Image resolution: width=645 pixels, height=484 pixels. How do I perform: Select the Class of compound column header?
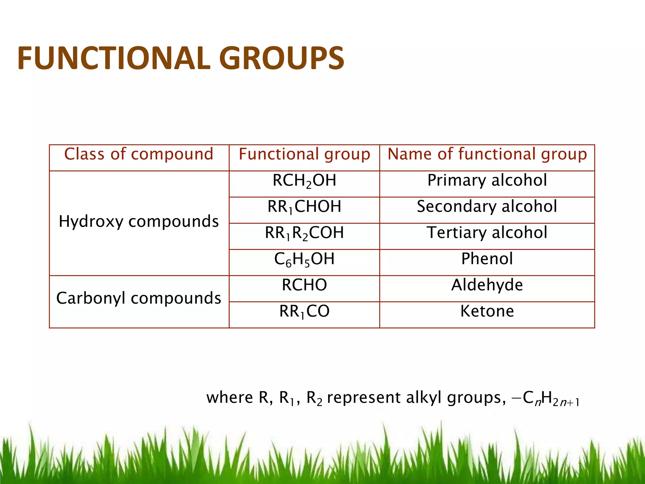(139, 154)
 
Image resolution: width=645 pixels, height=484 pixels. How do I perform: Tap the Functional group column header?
(304, 154)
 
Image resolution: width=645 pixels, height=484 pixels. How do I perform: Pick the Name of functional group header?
(487, 154)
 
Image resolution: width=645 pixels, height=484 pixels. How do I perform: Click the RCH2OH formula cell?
(304, 181)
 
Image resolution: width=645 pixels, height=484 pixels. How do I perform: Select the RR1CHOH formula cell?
(304, 207)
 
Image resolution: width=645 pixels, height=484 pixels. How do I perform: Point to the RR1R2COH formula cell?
(304, 233)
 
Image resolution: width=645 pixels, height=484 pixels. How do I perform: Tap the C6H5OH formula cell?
(304, 259)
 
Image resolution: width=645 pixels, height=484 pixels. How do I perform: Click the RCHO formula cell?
(304, 285)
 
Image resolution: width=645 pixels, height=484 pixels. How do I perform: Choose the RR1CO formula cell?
(304, 312)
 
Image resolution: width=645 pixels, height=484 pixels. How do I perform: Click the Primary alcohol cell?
(487, 181)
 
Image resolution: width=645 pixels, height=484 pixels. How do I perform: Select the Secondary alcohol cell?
(487, 207)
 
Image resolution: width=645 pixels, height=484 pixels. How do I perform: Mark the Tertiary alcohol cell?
(487, 233)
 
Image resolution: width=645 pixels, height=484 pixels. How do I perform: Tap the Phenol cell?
(487, 259)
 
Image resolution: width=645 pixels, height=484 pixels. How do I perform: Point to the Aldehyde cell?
(487, 285)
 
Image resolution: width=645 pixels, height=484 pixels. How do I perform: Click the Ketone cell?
(487, 311)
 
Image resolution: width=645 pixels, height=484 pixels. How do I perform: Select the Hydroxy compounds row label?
(139, 222)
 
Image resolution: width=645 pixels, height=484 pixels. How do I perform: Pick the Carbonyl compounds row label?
(139, 298)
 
